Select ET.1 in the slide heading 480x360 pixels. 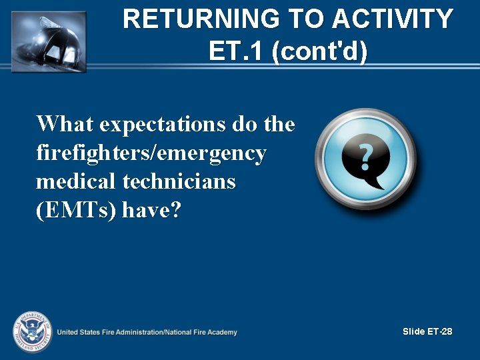pos(237,51)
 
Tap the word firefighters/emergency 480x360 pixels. pos(151,153)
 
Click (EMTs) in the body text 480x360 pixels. pos(77,211)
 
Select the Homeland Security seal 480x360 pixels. pos(31,332)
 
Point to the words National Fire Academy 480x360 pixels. pos(202,332)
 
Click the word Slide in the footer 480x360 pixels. pos(413,331)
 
